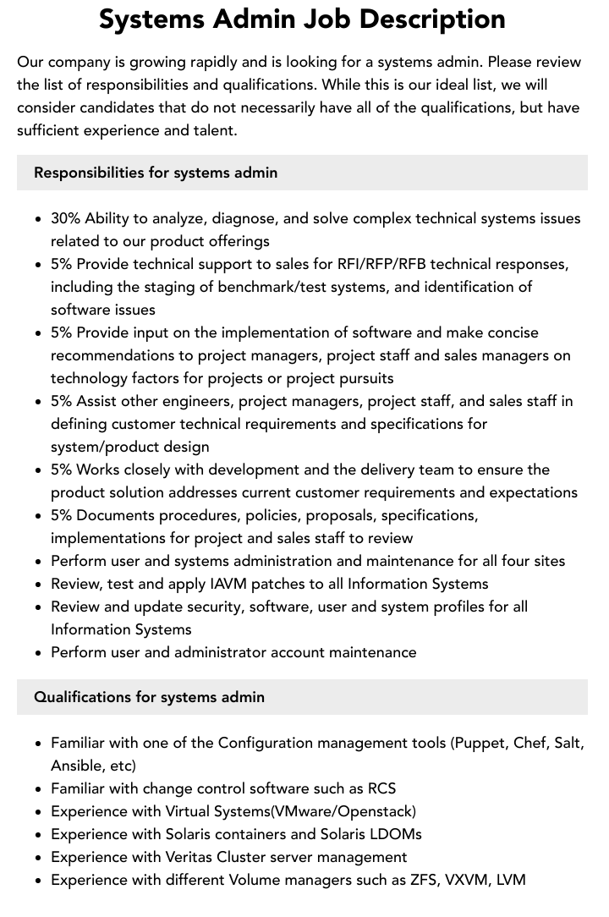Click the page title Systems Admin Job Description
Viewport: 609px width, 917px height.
click(302, 19)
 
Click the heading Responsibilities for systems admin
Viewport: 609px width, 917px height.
click(156, 173)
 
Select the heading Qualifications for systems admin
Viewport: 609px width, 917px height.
click(149, 697)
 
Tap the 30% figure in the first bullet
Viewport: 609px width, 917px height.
click(65, 218)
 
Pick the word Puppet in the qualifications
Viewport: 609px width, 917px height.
click(482, 743)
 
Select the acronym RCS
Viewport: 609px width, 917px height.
click(381, 788)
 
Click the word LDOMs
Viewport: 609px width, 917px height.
click(392, 834)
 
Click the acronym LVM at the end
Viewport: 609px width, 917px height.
click(511, 880)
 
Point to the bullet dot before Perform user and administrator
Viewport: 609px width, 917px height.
click(39, 653)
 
